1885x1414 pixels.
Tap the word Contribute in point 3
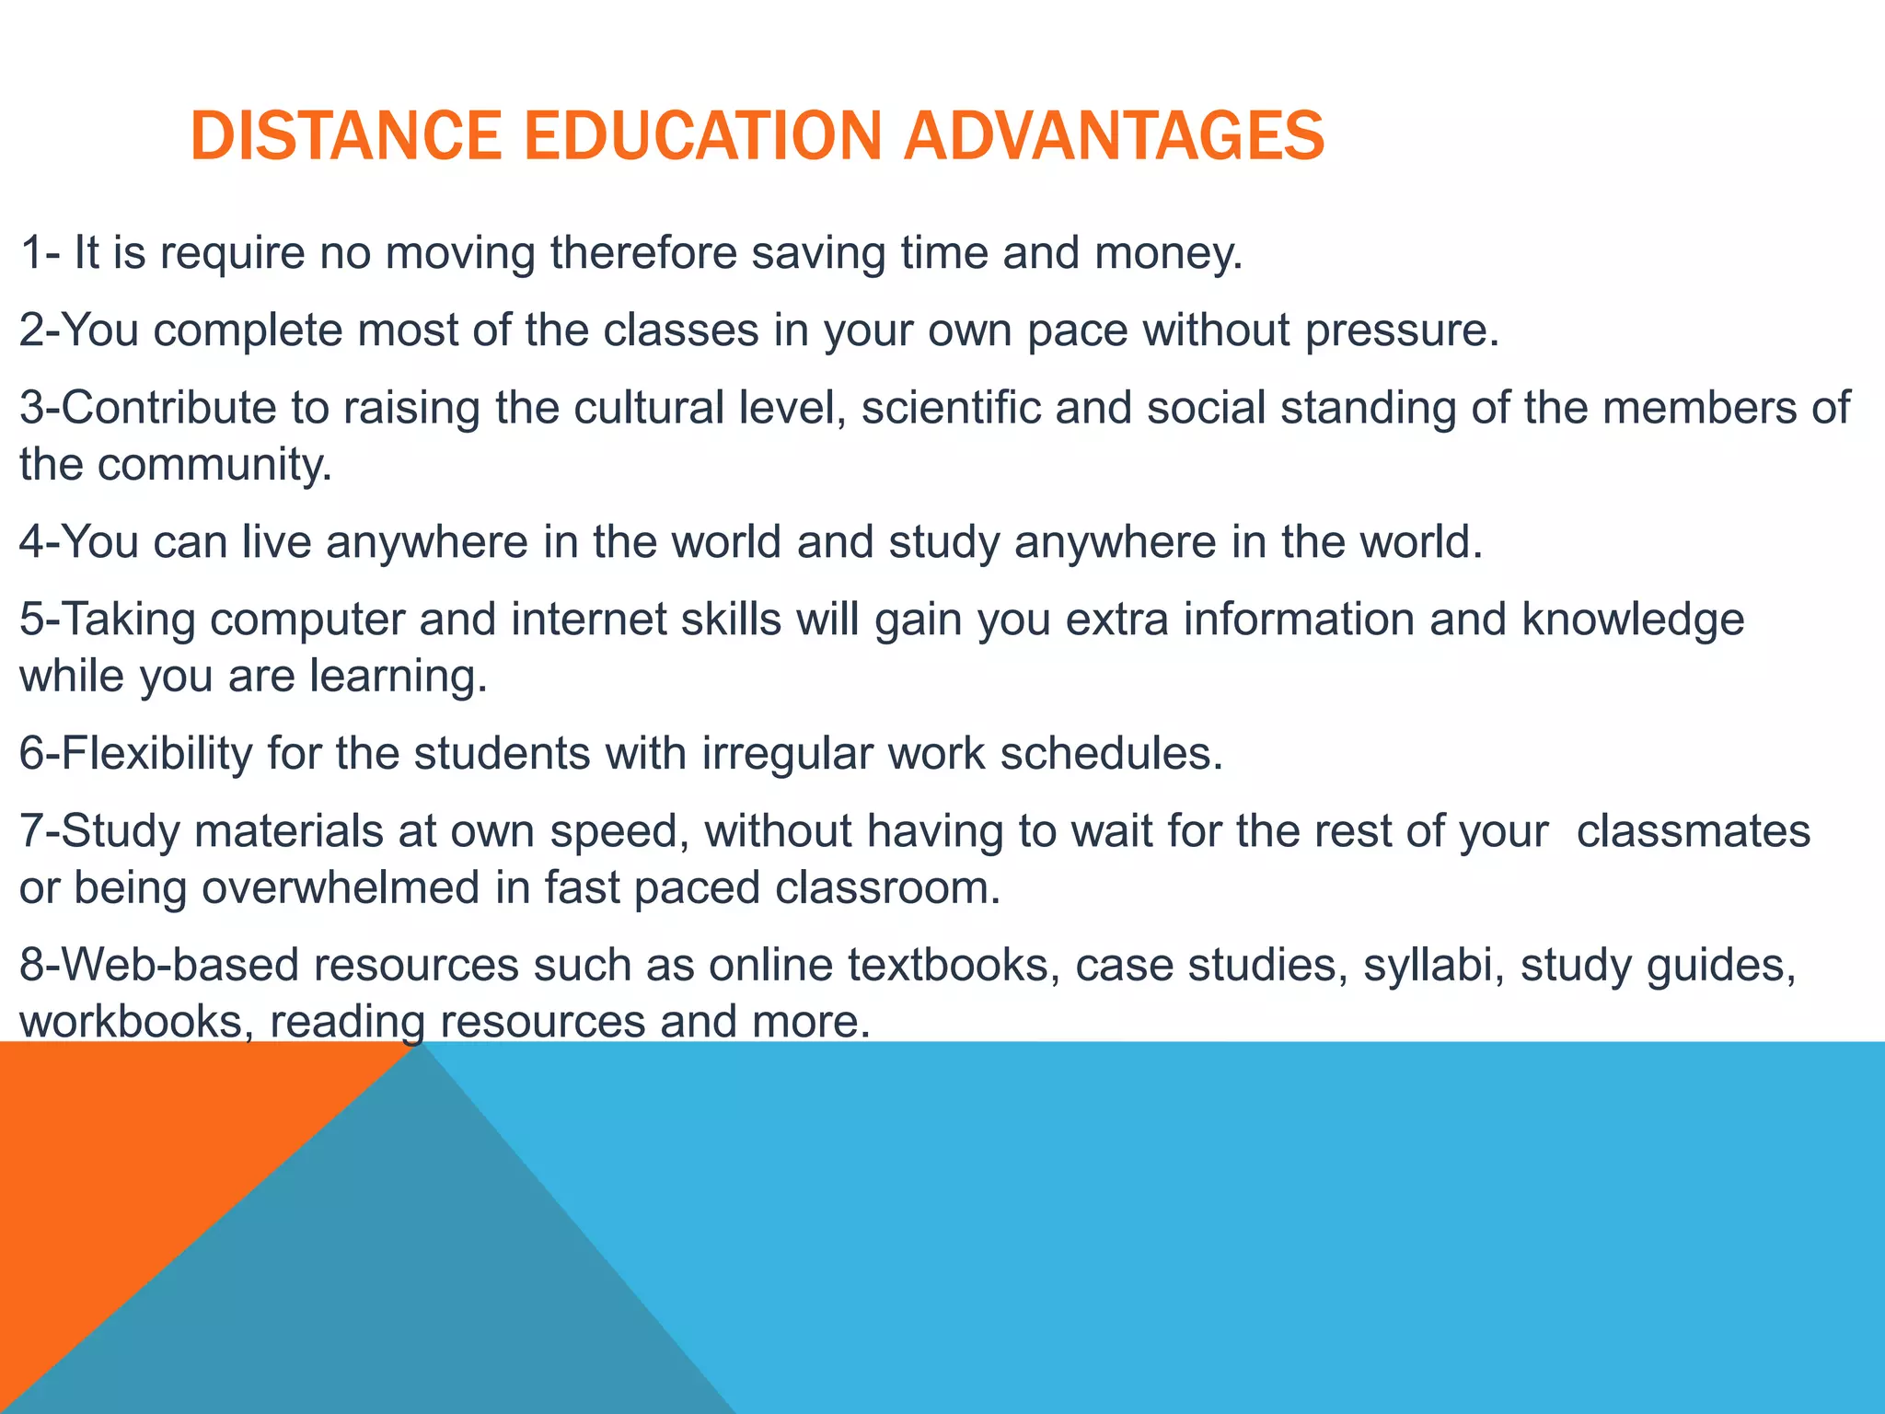pos(168,408)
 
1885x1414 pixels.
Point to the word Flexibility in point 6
pos(156,754)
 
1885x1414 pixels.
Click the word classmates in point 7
pos(1693,831)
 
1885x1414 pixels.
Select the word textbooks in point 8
pos(947,966)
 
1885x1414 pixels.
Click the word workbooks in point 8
pos(130,1023)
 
